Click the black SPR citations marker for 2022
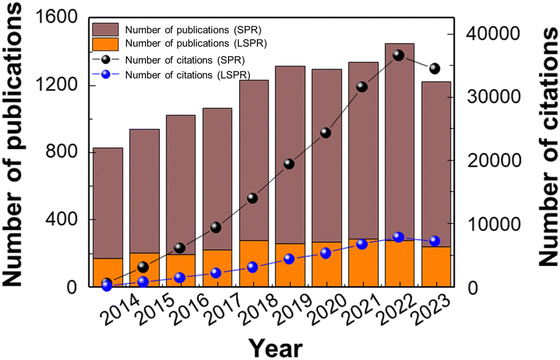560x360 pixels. coord(399,55)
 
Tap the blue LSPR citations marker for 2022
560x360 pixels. coord(399,238)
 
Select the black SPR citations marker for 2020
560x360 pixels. coord(326,133)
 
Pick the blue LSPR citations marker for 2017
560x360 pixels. coord(216,273)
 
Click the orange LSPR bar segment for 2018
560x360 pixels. coord(253,263)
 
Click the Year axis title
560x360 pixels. coord(275,346)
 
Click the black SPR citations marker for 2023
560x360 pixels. coord(435,69)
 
